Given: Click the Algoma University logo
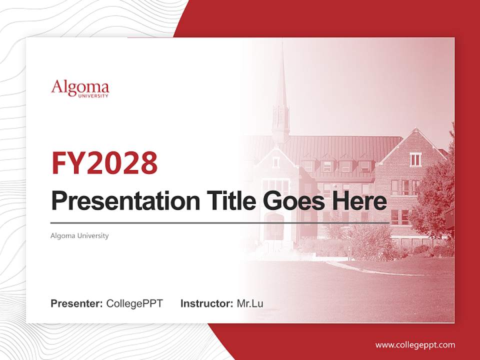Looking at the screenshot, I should point(80,88).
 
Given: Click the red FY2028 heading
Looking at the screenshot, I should point(104,163).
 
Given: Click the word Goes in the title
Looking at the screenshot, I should point(292,201).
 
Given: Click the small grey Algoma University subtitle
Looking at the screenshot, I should point(79,235).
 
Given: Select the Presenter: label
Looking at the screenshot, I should point(76,303).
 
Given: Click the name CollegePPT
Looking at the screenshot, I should point(134,303).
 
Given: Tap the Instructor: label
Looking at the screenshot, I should point(206,303).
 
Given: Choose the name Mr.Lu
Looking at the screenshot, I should point(250,303).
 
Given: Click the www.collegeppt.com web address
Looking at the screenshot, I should point(415,345).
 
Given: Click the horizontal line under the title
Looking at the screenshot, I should point(220,222).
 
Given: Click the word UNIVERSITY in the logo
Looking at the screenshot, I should point(93,95).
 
